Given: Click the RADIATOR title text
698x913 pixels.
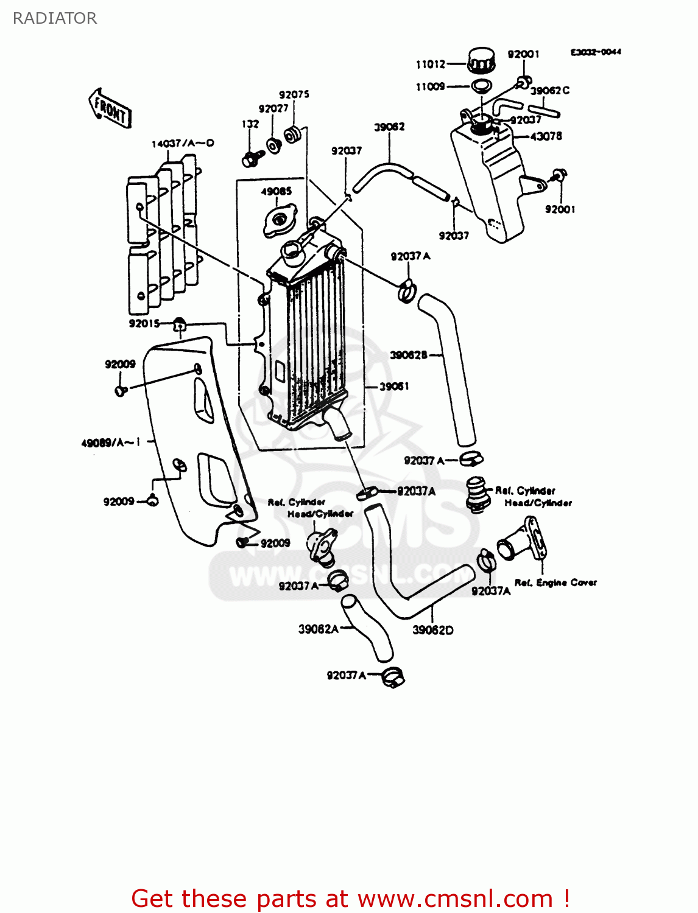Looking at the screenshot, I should coord(55,18).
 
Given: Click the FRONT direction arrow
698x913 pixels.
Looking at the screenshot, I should coord(110,109).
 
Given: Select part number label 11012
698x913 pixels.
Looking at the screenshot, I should coord(430,65).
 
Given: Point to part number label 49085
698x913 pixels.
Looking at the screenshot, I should coord(277,191).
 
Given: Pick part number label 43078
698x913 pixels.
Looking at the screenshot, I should coord(546,136).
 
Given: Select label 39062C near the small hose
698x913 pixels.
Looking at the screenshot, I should coord(549,91).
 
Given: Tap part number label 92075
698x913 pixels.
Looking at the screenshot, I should coord(294,94).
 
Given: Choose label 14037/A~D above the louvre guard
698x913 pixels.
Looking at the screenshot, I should coord(183,144).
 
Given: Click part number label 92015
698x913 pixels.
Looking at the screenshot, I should coord(144,323).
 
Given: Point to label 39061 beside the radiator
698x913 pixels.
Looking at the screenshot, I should coord(394,387).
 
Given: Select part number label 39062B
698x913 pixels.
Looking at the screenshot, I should coord(409,355).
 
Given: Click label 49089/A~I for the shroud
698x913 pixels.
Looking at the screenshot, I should coord(111,443).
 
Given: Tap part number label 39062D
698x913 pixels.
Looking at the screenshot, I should coord(433,630).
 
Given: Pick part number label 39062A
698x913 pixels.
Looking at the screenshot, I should coord(318,629).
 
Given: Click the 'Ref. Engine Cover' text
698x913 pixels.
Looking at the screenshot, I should coord(555,582).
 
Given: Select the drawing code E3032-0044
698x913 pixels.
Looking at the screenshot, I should coord(596,52).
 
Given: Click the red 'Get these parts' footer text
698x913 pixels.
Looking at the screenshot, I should coord(350,898).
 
